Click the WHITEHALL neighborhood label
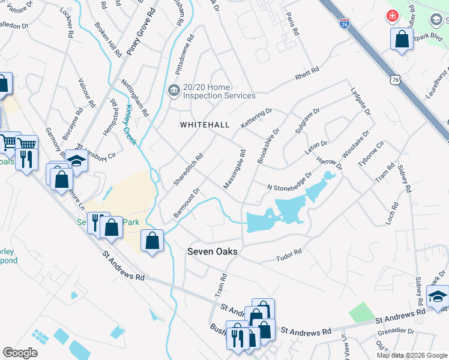[205, 124]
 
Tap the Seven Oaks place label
[212, 252]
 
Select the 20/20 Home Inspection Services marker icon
[173, 91]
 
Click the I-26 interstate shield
[344, 23]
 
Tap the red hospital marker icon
[392, 16]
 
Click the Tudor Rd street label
[288, 256]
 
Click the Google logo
[20, 352]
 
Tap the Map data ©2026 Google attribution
[411, 355]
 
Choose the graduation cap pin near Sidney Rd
[438, 296]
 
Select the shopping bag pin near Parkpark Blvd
[402, 40]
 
